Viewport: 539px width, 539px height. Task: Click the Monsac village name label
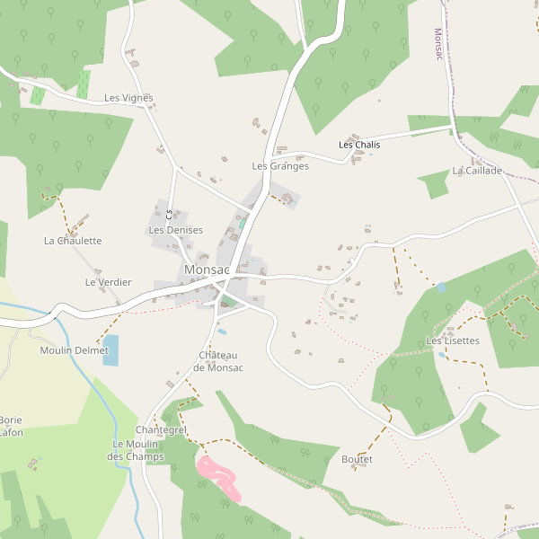point(207,269)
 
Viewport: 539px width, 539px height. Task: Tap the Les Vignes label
point(128,98)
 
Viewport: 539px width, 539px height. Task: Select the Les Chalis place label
point(359,145)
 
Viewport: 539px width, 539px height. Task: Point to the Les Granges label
point(280,166)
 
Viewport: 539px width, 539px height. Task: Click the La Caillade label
point(477,171)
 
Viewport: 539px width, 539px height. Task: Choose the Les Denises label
point(175,230)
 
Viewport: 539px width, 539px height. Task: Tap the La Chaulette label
point(73,241)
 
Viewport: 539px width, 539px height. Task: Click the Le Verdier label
point(108,282)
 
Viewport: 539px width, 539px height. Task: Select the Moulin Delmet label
point(74,350)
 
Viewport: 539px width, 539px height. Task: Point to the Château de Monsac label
point(218,361)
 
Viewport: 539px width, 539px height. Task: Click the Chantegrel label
point(161,430)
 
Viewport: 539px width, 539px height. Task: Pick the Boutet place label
point(357,459)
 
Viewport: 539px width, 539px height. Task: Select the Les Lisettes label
point(453,340)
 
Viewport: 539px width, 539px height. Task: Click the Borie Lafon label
point(11,426)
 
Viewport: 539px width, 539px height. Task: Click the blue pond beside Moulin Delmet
point(110,349)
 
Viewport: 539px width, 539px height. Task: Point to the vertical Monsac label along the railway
point(439,44)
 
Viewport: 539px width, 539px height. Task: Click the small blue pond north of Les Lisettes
point(440,287)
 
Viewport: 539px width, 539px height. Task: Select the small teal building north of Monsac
point(242,222)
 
